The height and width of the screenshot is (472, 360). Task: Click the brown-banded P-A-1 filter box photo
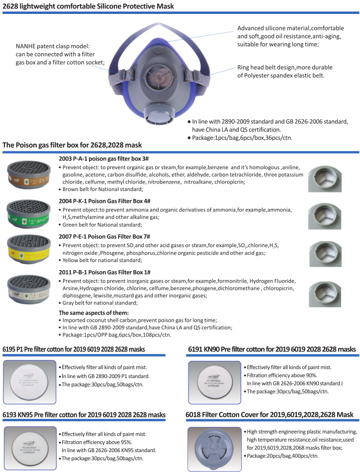[x=29, y=175]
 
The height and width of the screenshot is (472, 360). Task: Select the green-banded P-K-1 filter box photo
[x=29, y=213]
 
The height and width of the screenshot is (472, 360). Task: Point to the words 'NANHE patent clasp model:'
[x=52, y=46]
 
